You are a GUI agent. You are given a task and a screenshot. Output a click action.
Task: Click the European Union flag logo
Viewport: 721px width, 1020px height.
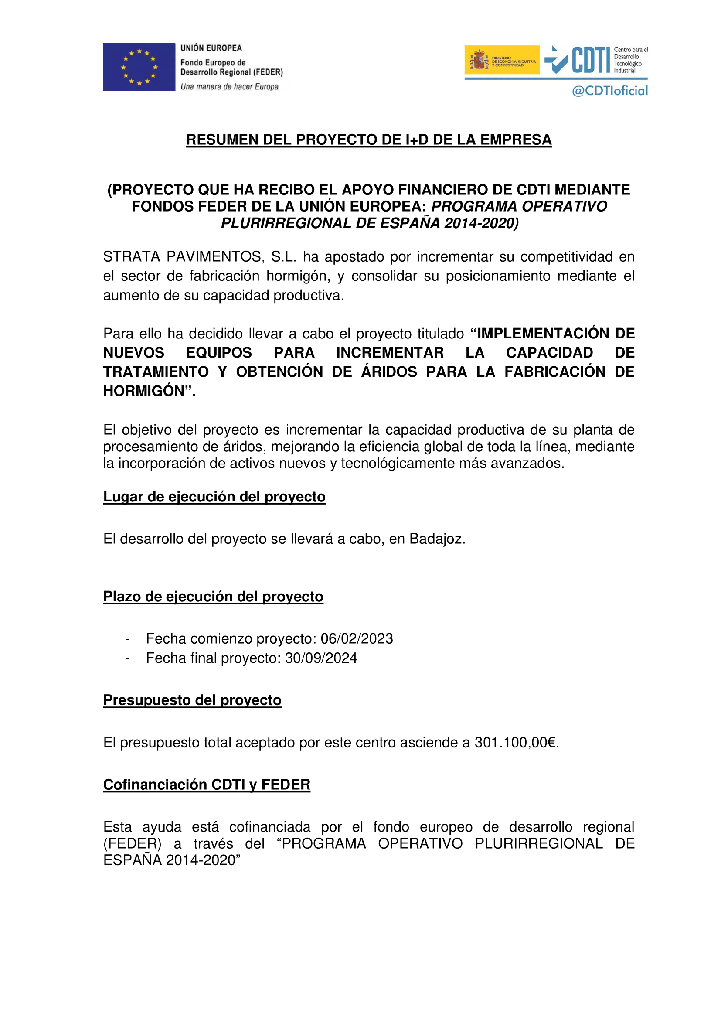click(139, 67)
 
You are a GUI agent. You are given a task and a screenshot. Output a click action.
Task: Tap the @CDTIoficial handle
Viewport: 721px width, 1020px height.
click(609, 91)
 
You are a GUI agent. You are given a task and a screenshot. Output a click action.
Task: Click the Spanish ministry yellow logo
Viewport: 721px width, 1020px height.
click(502, 60)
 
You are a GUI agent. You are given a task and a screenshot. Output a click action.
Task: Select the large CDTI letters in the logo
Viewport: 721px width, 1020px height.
click(591, 60)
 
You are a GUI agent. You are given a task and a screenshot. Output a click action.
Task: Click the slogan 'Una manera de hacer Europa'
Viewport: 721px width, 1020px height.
click(230, 87)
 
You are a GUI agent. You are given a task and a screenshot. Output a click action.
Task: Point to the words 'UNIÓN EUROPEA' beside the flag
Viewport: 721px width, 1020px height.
click(211, 48)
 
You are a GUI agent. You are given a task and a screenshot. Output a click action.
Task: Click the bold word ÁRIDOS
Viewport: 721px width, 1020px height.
click(389, 372)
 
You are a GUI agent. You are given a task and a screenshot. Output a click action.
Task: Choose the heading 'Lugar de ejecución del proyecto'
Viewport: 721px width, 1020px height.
click(214, 497)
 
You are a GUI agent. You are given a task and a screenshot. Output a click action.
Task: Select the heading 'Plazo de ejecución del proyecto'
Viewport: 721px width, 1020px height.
click(213, 597)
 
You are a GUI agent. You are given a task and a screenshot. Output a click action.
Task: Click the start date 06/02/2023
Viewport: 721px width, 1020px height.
click(357, 639)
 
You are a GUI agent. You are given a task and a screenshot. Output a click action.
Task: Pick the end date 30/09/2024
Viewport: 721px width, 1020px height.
click(321, 658)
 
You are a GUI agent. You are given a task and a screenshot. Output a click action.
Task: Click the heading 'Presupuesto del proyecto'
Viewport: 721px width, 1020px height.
click(192, 700)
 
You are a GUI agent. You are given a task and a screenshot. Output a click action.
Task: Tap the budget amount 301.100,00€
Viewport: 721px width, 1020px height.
click(515, 742)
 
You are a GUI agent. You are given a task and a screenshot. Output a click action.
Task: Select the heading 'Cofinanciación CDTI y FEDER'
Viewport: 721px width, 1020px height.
click(207, 785)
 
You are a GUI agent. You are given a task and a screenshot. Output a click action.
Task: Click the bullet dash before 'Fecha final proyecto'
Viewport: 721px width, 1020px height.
click(127, 658)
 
